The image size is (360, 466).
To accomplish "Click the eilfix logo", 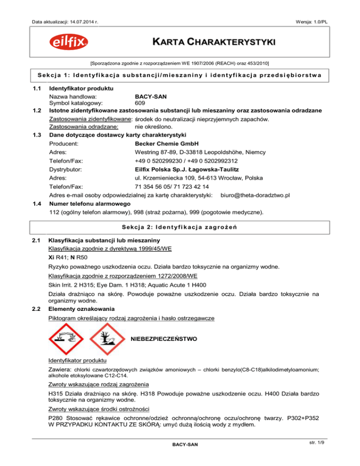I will (67, 43).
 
